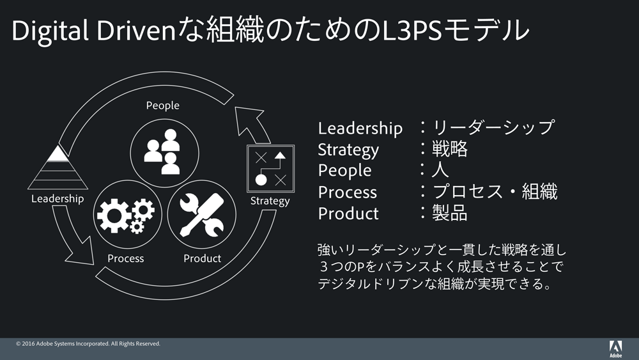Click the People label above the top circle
pyautogui.click(x=162, y=106)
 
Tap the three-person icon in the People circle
pyautogui.click(x=162, y=152)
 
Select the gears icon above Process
pyautogui.click(x=125, y=215)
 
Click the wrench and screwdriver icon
pyautogui.click(x=202, y=214)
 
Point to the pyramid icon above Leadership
pyautogui.click(x=58, y=168)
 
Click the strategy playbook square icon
pyautogui.click(x=270, y=168)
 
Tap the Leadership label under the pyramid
pyautogui.click(x=58, y=199)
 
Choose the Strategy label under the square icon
pyautogui.click(x=270, y=201)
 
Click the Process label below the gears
pyautogui.click(x=125, y=258)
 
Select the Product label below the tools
pyautogui.click(x=202, y=258)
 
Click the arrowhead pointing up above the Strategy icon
pyautogui.click(x=247, y=119)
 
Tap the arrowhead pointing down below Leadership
pyautogui.click(x=81, y=253)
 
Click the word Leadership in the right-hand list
pyautogui.click(x=360, y=128)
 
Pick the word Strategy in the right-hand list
pyautogui.click(x=348, y=150)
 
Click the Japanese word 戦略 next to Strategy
pyautogui.click(x=450, y=149)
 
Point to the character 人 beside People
pyautogui.click(x=440, y=169)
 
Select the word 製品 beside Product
pyautogui.click(x=450, y=213)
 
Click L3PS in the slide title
pyautogui.click(x=412, y=31)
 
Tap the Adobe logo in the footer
pyautogui.click(x=615, y=349)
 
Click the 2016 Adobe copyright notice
pyautogui.click(x=88, y=343)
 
